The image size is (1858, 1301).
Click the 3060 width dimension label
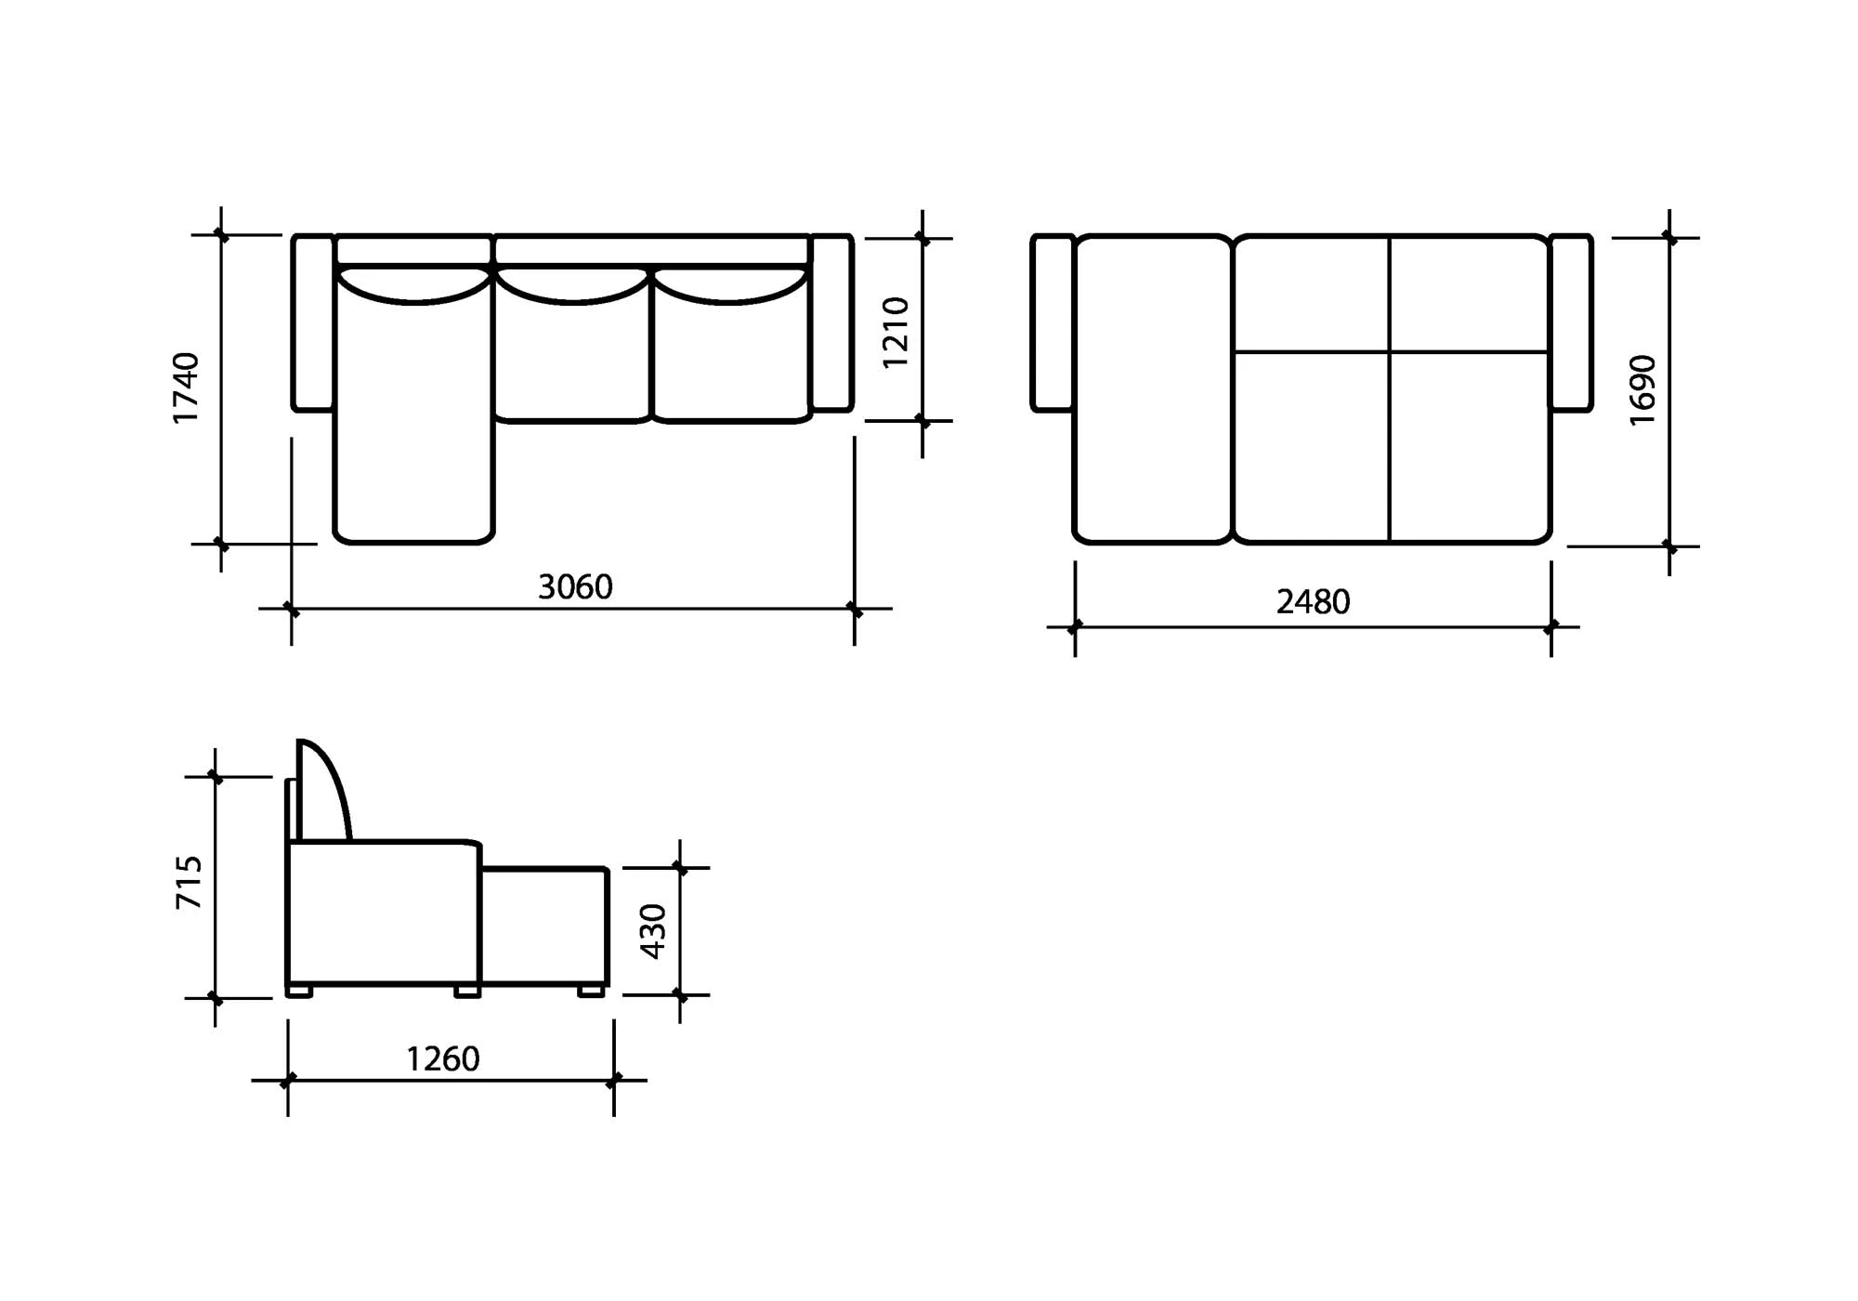coord(575,587)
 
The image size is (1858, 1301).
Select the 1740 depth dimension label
coord(186,388)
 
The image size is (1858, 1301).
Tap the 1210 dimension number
coord(895,333)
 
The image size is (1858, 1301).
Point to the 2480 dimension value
coord(1313,602)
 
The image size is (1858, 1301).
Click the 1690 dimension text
coord(1642,390)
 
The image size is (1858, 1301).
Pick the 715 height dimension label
coord(189,883)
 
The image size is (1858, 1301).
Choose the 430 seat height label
coord(653,931)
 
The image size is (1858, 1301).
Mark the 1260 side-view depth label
coord(443,1059)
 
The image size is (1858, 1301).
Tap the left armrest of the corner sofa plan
coord(313,322)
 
